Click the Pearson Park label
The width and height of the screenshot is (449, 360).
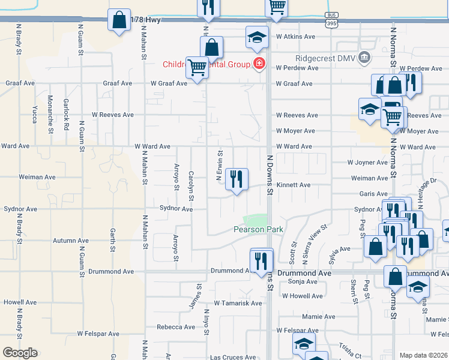[258, 229]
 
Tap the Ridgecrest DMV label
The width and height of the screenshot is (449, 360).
[324, 58]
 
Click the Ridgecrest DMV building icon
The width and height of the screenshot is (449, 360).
[364, 58]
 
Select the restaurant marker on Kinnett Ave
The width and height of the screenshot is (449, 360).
[237, 179]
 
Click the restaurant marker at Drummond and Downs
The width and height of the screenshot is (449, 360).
[261, 261]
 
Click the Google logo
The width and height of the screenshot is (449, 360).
[20, 353]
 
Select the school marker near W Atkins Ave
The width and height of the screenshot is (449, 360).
[257, 38]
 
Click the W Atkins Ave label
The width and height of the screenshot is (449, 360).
[295, 37]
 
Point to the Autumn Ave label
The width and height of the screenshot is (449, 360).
[70, 241]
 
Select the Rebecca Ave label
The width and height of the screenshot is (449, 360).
[176, 327]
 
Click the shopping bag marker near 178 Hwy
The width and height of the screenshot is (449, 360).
[119, 20]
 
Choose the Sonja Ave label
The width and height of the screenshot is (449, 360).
[303, 281]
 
